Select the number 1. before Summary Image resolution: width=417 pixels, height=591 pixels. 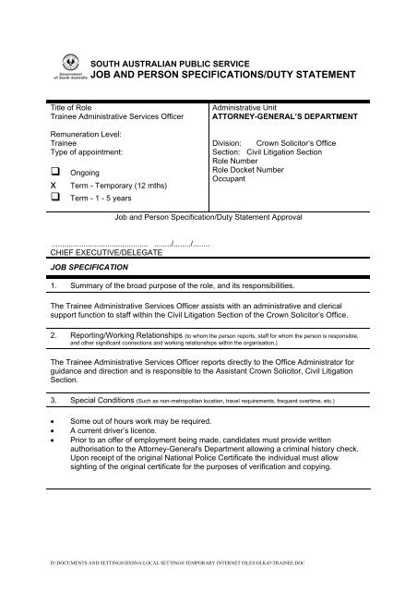54,286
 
